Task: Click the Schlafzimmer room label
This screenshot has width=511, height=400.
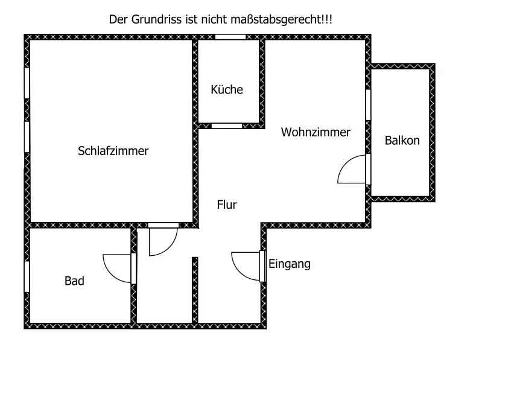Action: tap(113, 151)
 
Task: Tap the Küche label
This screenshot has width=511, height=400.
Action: tap(227, 90)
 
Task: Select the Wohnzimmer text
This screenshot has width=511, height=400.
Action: tap(316, 132)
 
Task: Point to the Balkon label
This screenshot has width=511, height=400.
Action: tap(402, 141)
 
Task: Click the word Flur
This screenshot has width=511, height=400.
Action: tap(227, 205)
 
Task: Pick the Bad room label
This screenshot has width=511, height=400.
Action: tap(74, 281)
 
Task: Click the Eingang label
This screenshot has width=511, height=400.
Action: tap(290, 264)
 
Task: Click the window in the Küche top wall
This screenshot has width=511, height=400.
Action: tap(230, 37)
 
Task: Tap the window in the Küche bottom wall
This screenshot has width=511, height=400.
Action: tap(226, 125)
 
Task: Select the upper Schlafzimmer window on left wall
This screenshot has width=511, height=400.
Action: tap(27, 82)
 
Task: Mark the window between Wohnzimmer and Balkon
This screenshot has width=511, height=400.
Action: tap(368, 104)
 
